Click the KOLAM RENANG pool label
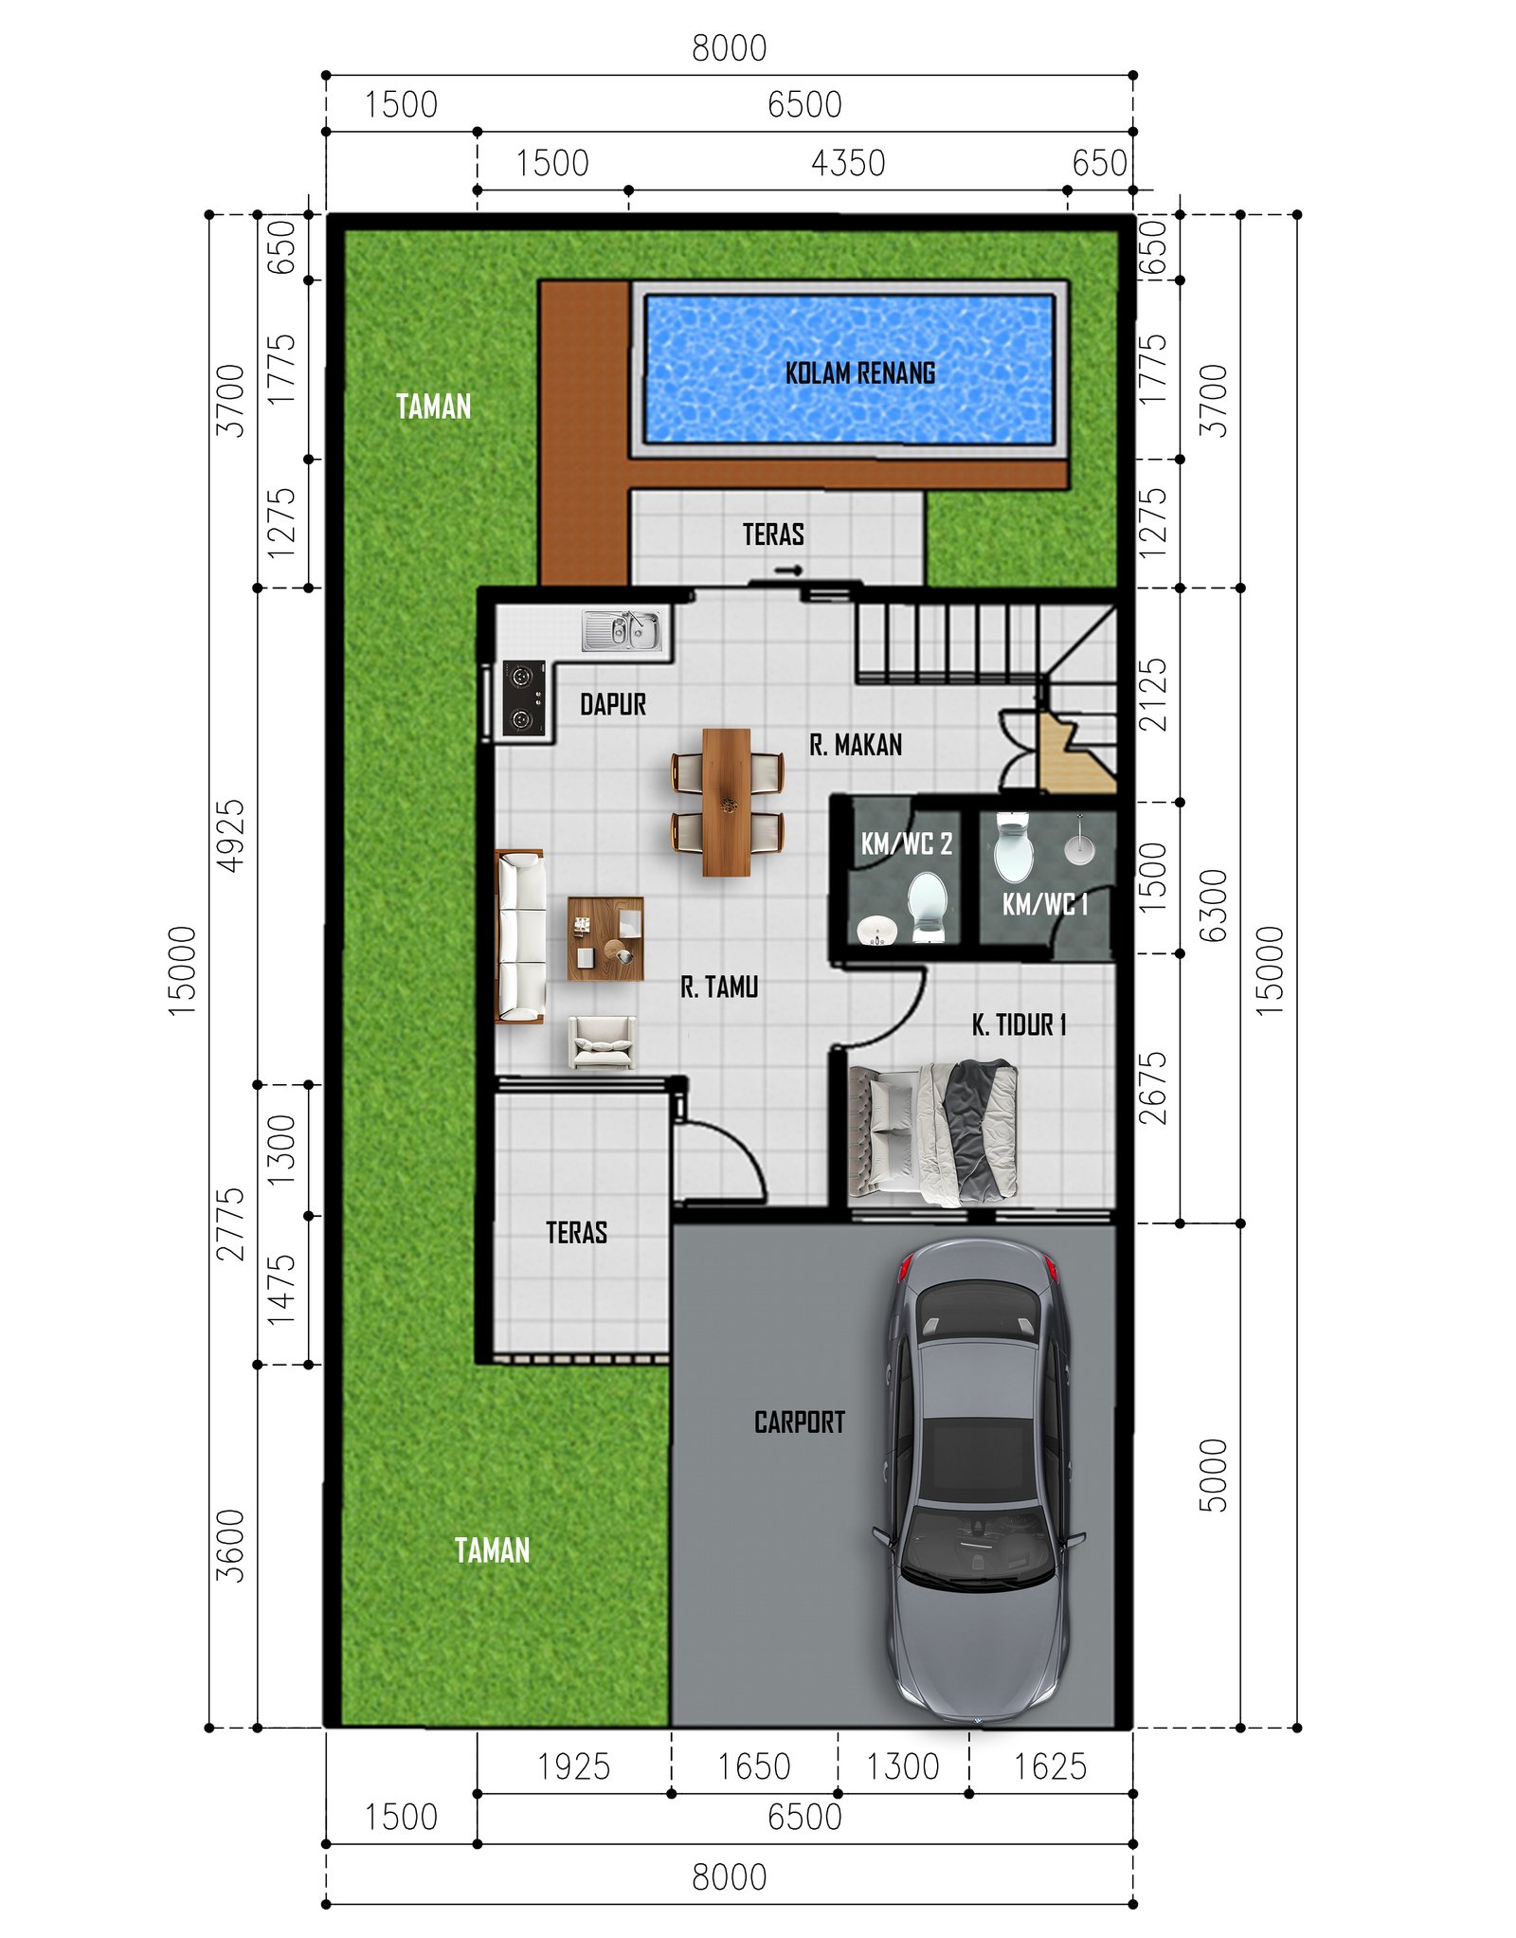click(859, 373)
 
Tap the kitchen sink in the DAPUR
click(623, 630)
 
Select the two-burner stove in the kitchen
click(523, 698)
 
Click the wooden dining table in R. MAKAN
click(727, 802)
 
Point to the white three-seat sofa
click(520, 935)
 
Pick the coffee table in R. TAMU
click(605, 938)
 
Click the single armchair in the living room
click(602, 1041)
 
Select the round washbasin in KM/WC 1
click(1079, 847)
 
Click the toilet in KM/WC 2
click(927, 905)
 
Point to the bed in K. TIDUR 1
click(933, 1133)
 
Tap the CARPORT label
click(799, 1422)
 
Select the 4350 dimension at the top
click(848, 163)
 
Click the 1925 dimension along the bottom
click(573, 1766)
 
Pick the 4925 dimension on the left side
click(231, 835)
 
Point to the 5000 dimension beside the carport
click(1213, 1475)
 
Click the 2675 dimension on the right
click(1153, 1088)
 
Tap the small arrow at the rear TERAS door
click(788, 571)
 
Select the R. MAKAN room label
click(856, 745)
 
